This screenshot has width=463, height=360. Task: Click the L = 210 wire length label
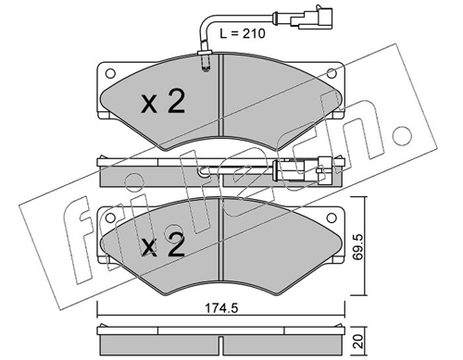(x=243, y=33)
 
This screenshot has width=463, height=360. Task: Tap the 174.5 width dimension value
(x=222, y=307)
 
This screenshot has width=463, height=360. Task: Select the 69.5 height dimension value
(x=357, y=246)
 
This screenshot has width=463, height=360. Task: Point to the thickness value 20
(x=357, y=341)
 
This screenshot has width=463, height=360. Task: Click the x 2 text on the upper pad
(x=163, y=101)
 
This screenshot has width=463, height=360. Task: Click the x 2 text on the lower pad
(x=163, y=244)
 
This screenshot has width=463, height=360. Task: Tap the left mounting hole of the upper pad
(x=110, y=73)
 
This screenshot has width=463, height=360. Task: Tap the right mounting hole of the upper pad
(x=332, y=73)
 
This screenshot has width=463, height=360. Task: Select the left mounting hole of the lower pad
(x=110, y=217)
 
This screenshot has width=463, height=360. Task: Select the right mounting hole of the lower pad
(x=332, y=217)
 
